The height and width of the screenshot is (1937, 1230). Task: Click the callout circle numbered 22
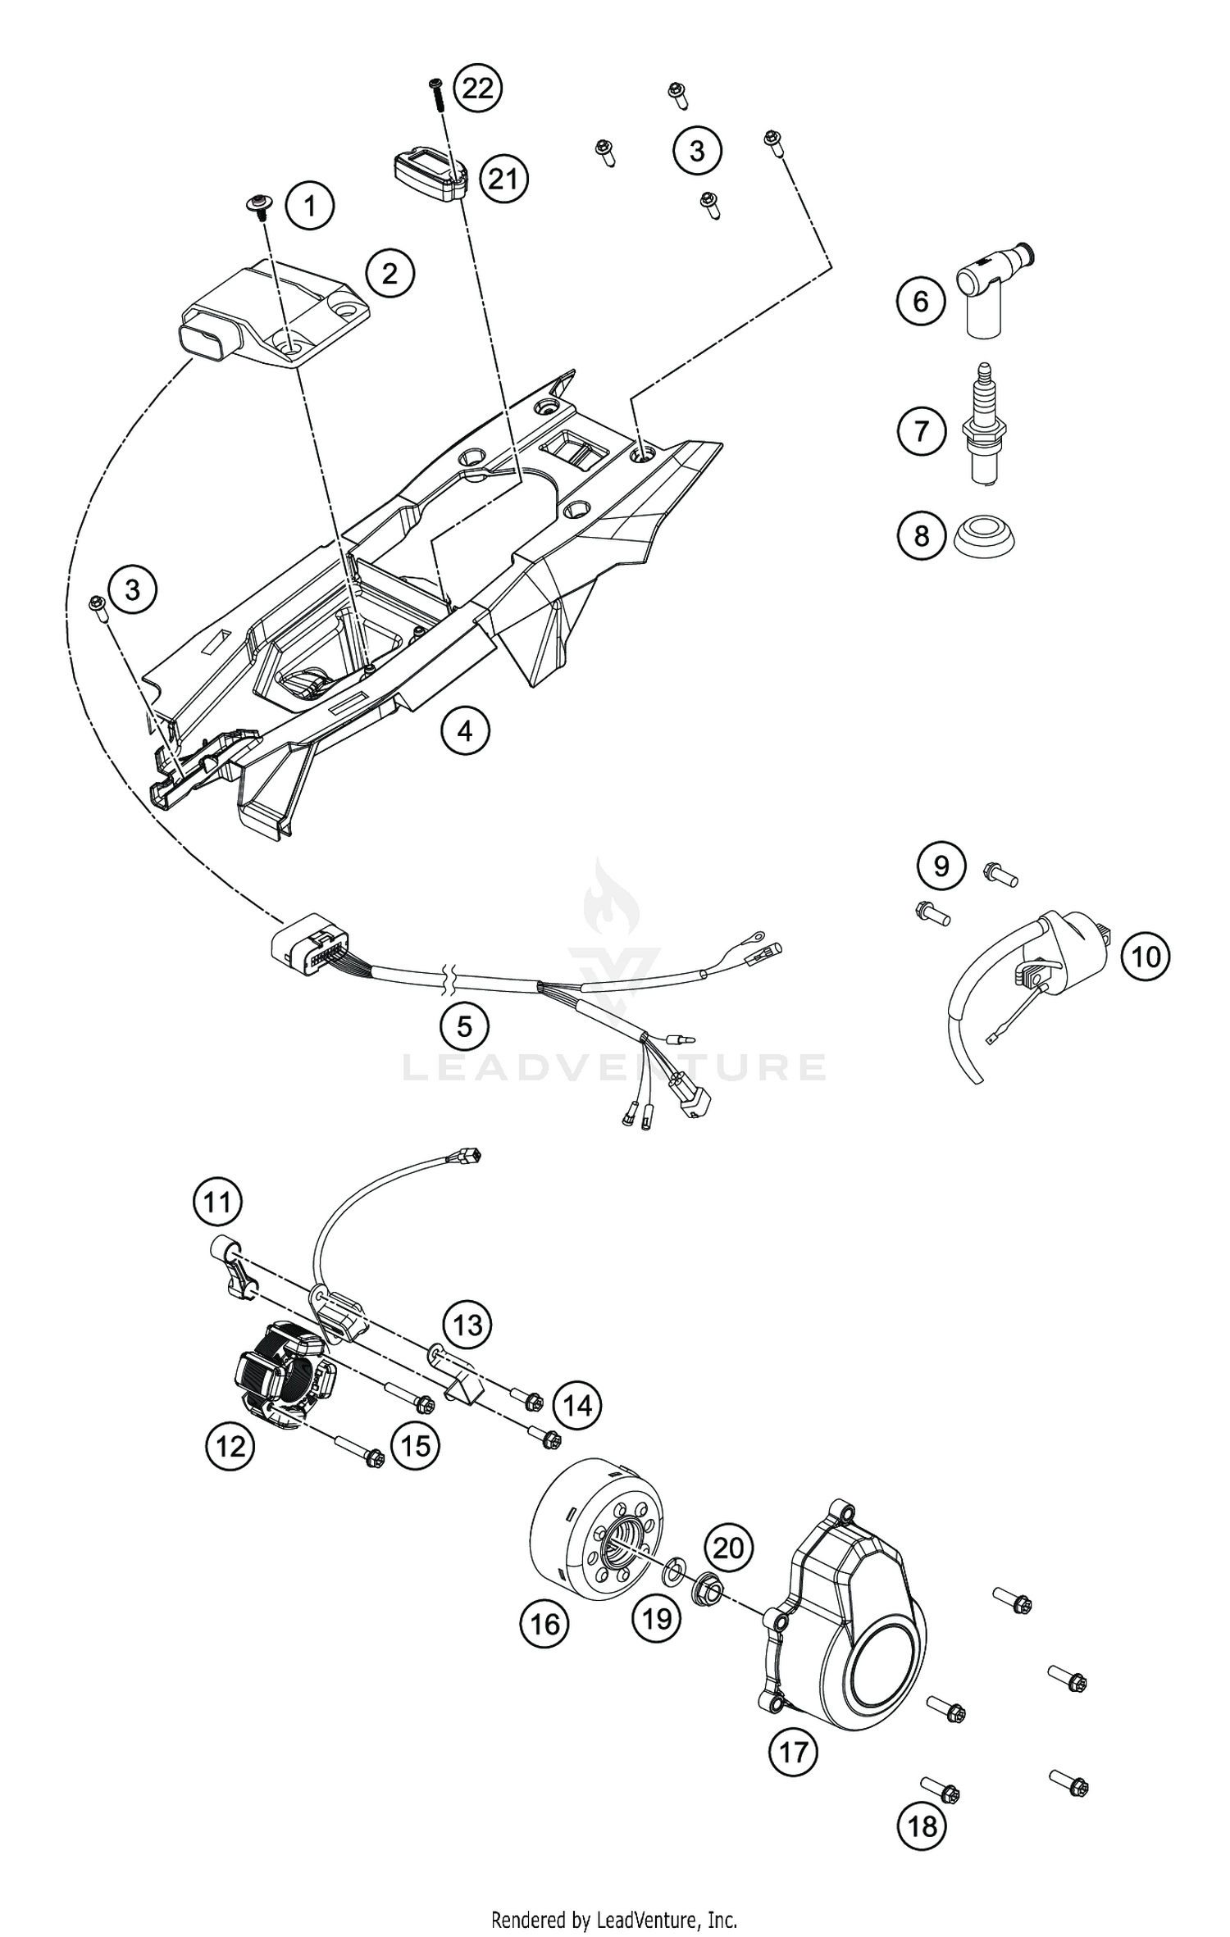point(478,88)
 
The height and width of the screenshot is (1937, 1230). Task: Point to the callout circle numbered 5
point(464,1025)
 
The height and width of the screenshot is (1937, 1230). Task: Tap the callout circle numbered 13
point(467,1324)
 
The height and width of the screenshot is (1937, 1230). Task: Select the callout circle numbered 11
point(217,1203)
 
